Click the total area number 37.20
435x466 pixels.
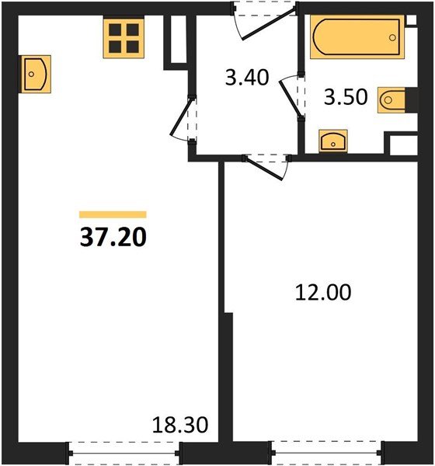tap(113, 238)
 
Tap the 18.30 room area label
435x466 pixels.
tap(180, 425)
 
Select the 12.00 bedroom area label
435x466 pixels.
tap(323, 293)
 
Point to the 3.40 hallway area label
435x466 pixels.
tap(247, 77)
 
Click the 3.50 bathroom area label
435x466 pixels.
tap(346, 97)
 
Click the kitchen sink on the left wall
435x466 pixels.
tap(35, 74)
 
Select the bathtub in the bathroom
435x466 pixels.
tap(357, 37)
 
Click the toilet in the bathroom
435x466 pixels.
tap(391, 100)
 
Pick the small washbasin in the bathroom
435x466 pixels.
tap(333, 141)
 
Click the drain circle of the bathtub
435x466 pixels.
tap(392, 37)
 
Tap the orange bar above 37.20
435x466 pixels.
tap(113, 214)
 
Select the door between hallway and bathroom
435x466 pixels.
tap(291, 96)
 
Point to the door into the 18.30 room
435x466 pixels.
tap(182, 117)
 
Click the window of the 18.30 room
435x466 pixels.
tap(124, 453)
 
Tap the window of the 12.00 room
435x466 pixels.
tap(326, 453)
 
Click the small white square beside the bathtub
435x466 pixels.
tap(411, 20)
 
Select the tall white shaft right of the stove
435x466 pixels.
tap(179, 40)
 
